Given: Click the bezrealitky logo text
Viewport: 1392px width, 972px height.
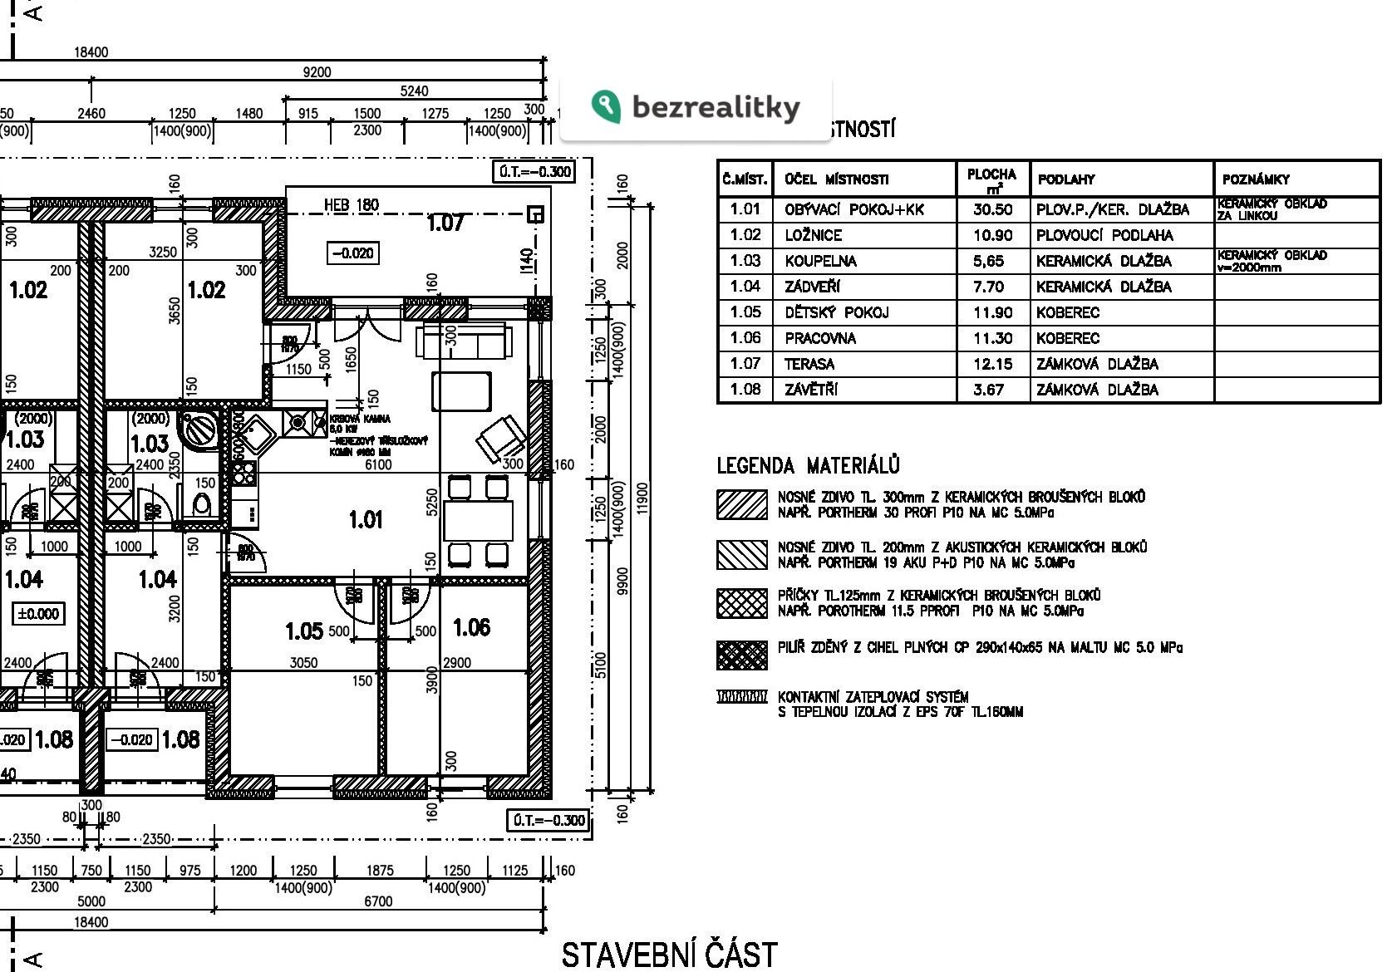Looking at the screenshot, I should pyautogui.click(x=716, y=107).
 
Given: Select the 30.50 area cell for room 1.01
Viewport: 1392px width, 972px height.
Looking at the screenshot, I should pyautogui.click(x=992, y=209).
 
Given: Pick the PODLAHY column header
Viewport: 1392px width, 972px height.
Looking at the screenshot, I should pyautogui.click(x=1066, y=179).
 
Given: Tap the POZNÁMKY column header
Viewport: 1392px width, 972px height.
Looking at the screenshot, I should pyautogui.click(x=1256, y=179).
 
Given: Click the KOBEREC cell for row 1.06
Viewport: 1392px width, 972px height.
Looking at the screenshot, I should pyautogui.click(x=1067, y=338).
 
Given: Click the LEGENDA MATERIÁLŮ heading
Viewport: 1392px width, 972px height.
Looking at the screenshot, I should pyautogui.click(x=808, y=465).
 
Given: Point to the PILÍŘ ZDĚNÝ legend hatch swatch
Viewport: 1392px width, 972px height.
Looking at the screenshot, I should pyautogui.click(x=741, y=655).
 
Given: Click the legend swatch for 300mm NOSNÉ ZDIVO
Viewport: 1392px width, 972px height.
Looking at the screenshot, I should pyautogui.click(x=741, y=504).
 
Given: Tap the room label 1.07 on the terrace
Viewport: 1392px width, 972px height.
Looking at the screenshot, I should pyautogui.click(x=445, y=223).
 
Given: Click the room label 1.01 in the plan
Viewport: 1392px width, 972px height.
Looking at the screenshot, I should pyautogui.click(x=366, y=520).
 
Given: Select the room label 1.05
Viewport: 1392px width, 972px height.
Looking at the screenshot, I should pyautogui.click(x=303, y=631).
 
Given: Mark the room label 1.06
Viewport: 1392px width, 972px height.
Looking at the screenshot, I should pyautogui.click(x=471, y=627).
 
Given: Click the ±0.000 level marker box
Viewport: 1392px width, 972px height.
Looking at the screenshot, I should pyautogui.click(x=38, y=614).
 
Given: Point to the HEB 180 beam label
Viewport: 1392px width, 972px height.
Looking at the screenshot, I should pyautogui.click(x=351, y=205).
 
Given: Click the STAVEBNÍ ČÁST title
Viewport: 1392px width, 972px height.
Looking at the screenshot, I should pyautogui.click(x=669, y=955).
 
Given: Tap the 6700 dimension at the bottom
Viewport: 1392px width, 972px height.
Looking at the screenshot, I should pyautogui.click(x=378, y=901).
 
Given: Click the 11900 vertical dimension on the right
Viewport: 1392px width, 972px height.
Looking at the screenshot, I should pyautogui.click(x=642, y=498).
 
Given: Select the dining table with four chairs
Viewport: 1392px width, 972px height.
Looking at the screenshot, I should pyautogui.click(x=477, y=521).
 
